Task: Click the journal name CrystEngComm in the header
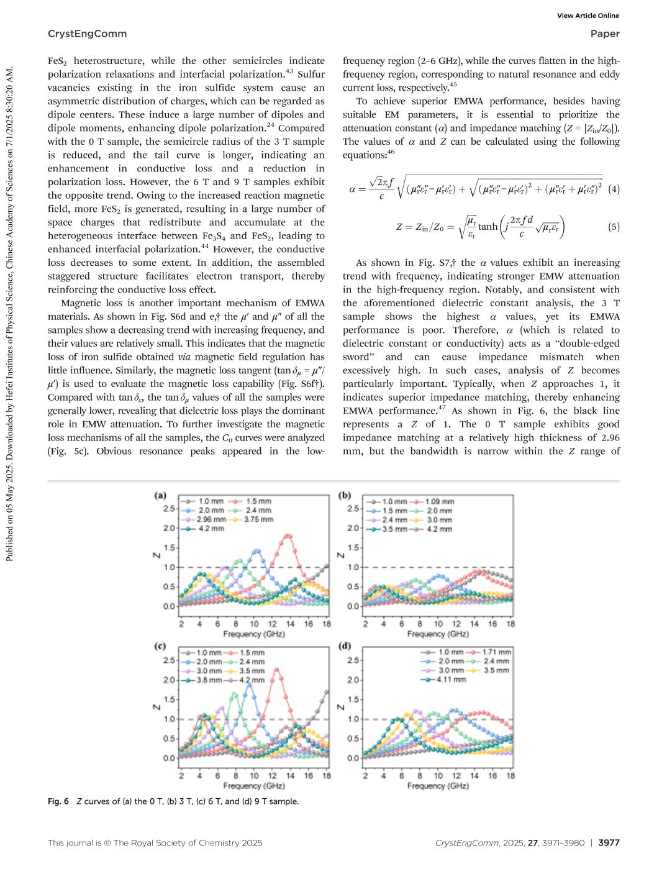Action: pos(87,34)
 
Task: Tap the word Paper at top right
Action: pos(605,34)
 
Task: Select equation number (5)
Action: pos(614,227)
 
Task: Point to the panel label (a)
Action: pos(160,496)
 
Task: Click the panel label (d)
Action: pos(344,646)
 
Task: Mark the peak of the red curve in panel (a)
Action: pos(288,535)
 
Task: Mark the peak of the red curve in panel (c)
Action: pos(277,670)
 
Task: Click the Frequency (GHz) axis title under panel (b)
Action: pos(437,634)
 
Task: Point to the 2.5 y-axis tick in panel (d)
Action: pos(352,660)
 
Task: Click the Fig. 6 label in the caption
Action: pos(58,801)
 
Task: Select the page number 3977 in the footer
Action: pos(609,843)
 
